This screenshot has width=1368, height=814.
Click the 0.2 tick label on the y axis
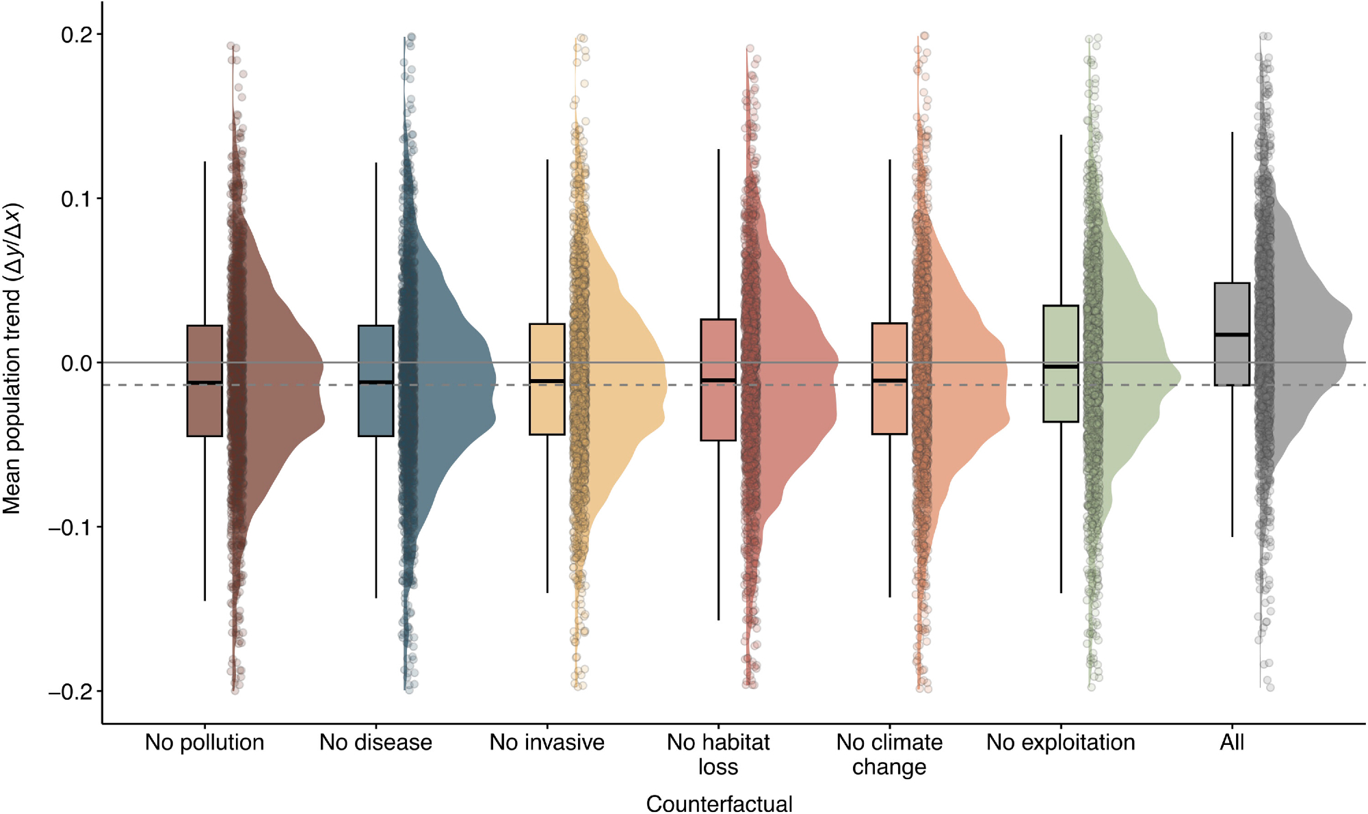tap(77, 35)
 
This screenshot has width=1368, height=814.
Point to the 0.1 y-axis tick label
tap(77, 199)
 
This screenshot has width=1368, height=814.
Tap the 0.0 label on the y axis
tap(77, 363)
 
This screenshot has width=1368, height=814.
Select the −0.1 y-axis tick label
tap(71, 527)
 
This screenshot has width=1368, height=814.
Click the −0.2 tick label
tap(71, 692)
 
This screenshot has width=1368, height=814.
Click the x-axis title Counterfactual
tap(719, 803)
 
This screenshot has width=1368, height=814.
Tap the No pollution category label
tap(205, 742)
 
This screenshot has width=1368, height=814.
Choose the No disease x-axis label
tap(376, 742)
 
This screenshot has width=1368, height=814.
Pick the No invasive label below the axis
tap(547, 742)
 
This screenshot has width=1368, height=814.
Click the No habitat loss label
tap(718, 754)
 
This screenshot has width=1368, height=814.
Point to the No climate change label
tap(889, 754)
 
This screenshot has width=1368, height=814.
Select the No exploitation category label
tap(1060, 742)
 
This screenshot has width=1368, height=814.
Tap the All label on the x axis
tap(1232, 742)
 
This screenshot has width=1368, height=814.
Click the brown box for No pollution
tap(205, 410)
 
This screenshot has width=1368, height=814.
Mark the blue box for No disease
tap(376, 410)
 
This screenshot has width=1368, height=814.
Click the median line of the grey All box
tap(1232, 334)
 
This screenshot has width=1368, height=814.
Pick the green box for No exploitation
tap(1061, 397)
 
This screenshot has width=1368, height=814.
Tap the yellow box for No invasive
tap(547, 410)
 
